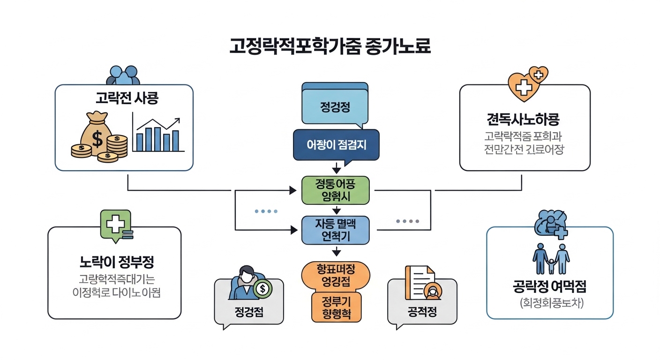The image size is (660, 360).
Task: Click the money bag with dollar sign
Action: (96, 134)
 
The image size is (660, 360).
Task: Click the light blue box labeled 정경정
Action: (335, 106)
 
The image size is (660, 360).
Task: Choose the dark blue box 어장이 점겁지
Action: (336, 145)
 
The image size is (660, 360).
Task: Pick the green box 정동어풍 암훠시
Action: (335, 190)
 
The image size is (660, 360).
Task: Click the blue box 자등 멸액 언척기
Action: (335, 230)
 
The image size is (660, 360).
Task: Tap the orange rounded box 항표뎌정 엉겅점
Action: (336, 275)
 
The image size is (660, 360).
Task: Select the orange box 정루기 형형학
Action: (336, 307)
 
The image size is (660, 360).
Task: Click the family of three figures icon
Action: (551, 258)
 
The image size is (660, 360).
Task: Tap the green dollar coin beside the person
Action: (262, 289)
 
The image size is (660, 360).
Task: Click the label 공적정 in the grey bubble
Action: (422, 312)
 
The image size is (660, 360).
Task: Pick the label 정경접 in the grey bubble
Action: (248, 312)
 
